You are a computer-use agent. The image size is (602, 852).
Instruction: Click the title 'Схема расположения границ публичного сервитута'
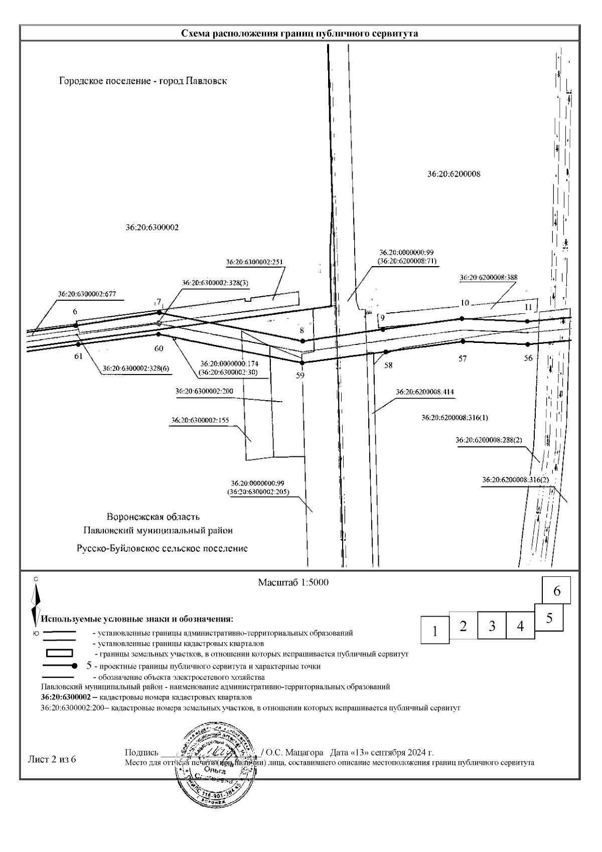click(299, 34)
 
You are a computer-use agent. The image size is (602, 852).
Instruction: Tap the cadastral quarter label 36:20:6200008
click(454, 174)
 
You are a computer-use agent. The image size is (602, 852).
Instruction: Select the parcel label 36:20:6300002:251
click(255, 262)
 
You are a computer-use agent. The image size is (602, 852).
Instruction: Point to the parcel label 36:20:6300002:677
click(87, 294)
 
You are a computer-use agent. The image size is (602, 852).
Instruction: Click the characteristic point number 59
click(300, 375)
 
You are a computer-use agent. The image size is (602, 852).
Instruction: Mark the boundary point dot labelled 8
click(303, 341)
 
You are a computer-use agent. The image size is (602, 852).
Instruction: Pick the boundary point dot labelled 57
click(463, 341)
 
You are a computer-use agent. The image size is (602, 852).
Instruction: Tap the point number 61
click(78, 356)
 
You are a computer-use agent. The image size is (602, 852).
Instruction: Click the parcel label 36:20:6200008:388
click(489, 277)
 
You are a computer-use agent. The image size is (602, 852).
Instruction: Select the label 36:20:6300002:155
click(200, 420)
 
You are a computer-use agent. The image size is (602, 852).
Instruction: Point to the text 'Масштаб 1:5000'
click(293, 583)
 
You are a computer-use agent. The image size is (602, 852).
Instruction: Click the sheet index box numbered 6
click(557, 591)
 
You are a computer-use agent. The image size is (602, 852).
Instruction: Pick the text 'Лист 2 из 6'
click(52, 759)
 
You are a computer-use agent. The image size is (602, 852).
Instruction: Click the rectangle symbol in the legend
click(59, 653)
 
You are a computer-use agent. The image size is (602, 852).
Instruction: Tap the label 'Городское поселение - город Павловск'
click(143, 81)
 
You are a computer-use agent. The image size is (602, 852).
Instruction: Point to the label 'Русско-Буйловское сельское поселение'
click(162, 548)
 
